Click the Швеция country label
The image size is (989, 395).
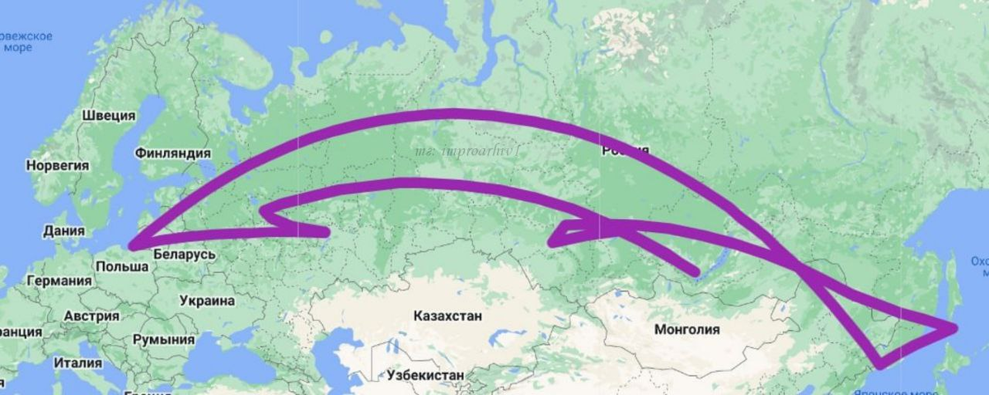(108, 115)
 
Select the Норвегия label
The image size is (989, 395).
(58, 165)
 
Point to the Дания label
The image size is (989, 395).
(64, 231)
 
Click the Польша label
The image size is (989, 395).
(122, 267)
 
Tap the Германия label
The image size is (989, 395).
(59, 281)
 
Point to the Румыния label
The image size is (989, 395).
(164, 339)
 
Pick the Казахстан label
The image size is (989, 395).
(448, 316)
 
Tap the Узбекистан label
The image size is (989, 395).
(424, 375)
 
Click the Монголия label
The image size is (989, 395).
(687, 330)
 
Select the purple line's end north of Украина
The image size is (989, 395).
(326, 234)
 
